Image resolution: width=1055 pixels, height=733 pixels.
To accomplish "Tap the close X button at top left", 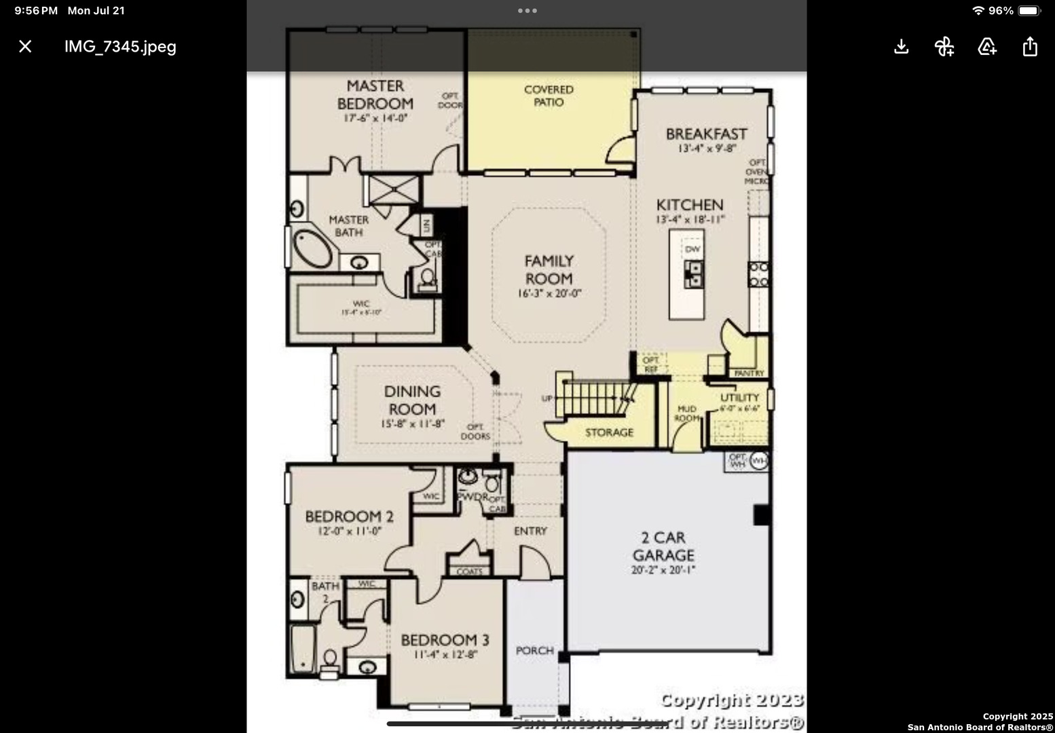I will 25,46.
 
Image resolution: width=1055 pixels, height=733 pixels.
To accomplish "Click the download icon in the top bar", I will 901,46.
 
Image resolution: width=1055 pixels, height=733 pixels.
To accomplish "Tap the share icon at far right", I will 1029,46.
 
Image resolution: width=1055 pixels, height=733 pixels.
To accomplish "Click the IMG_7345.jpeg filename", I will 120,46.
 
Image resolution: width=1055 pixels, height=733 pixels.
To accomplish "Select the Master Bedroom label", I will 375,95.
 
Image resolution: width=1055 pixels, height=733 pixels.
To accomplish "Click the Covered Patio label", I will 549,96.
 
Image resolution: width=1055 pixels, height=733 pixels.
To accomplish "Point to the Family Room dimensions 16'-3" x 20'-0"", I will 549,294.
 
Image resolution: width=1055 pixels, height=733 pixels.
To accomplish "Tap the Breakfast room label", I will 706,134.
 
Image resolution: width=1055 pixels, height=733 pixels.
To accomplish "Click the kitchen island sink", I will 692,274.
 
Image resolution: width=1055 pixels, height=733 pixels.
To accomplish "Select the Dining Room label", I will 412,400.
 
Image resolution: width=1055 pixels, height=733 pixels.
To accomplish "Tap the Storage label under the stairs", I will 609,432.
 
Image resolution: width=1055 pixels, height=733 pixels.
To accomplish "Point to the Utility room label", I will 739,398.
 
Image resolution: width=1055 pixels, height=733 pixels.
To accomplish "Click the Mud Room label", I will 687,413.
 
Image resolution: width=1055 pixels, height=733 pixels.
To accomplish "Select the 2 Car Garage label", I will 663,546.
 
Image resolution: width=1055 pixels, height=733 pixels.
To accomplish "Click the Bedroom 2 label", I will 349,516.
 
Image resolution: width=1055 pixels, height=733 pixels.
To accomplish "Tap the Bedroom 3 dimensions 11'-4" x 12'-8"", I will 445,655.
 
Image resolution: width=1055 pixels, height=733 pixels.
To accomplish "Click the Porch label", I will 535,650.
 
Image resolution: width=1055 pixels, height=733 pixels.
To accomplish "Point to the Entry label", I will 530,531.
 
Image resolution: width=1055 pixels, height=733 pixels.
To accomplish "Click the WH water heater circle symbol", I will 759,461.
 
